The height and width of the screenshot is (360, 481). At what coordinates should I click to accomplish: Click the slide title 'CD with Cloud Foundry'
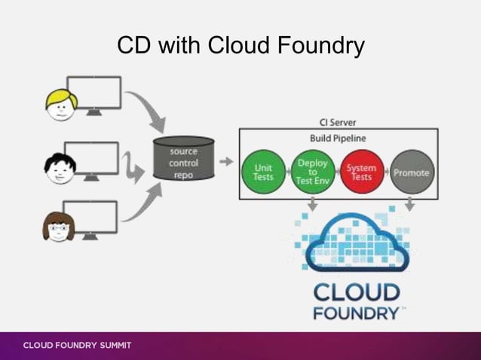[240, 46]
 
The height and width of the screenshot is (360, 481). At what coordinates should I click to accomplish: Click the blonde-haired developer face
[60, 105]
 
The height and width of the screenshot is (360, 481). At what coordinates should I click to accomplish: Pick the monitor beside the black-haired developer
[92, 159]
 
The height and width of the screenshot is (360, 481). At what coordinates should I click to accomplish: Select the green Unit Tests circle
[263, 172]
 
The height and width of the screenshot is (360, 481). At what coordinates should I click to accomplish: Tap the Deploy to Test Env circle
[312, 172]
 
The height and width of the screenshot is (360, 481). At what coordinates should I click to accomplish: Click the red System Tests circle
[362, 172]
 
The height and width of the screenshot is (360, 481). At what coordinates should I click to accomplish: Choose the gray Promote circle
[411, 172]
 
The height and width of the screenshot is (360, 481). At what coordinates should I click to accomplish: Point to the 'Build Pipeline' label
[337, 139]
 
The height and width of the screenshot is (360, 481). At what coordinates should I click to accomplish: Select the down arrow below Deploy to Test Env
[312, 205]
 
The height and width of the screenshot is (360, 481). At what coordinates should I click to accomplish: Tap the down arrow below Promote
[410, 205]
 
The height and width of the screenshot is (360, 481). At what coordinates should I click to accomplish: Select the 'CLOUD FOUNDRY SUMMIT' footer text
[77, 346]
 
